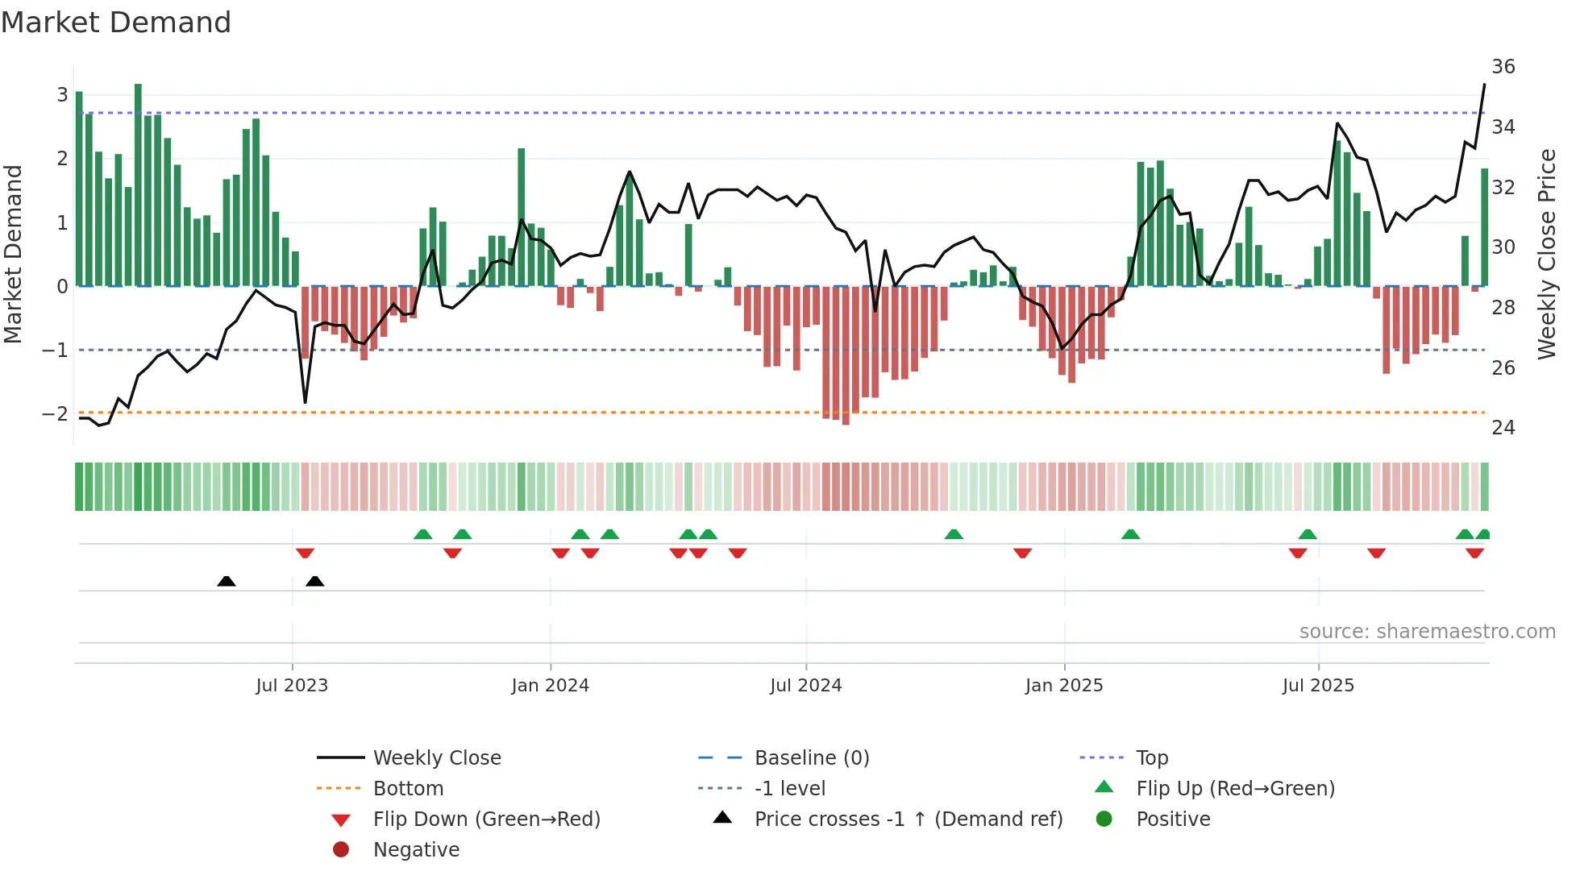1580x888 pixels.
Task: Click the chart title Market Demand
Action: pyautogui.click(x=116, y=23)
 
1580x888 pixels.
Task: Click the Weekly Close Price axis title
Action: pyautogui.click(x=1546, y=254)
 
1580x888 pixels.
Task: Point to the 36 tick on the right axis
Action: pyautogui.click(x=1503, y=66)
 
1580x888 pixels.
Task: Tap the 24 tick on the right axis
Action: pyautogui.click(x=1503, y=427)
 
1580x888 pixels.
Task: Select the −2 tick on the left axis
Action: pyautogui.click(x=55, y=413)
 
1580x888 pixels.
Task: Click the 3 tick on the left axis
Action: pyautogui.click(x=62, y=95)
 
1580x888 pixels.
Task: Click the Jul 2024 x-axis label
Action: pyautogui.click(x=805, y=685)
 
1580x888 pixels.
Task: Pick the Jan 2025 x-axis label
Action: pyautogui.click(x=1063, y=685)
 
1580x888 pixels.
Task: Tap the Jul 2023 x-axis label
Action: pyautogui.click(x=292, y=685)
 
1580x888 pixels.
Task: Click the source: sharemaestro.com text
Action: pyautogui.click(x=1427, y=631)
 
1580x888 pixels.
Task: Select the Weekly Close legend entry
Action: pyautogui.click(x=436, y=757)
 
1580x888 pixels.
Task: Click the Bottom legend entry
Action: pyautogui.click(x=408, y=788)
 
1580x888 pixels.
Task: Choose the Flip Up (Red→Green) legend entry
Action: pyautogui.click(x=1235, y=788)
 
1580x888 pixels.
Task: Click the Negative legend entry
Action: pyautogui.click(x=416, y=849)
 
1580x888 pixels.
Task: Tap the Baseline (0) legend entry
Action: pyautogui.click(x=811, y=757)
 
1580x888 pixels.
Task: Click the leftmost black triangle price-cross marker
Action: pyautogui.click(x=227, y=581)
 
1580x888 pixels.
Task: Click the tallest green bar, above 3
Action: pyautogui.click(x=138, y=185)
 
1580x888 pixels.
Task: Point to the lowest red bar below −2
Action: pyautogui.click(x=846, y=355)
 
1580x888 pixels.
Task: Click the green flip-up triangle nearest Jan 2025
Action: pyautogui.click(x=1130, y=534)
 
